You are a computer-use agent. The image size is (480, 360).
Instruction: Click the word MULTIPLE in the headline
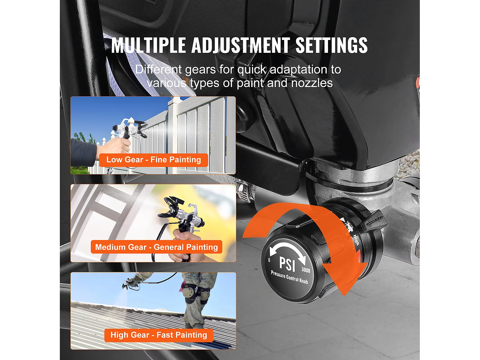[x=148, y=45]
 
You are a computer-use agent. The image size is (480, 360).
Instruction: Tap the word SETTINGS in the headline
[x=332, y=45]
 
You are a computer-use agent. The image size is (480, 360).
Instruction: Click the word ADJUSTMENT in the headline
[x=240, y=45]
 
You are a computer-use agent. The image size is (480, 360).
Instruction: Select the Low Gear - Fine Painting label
[x=154, y=160]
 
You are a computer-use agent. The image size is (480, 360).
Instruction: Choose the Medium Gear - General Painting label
[x=156, y=247]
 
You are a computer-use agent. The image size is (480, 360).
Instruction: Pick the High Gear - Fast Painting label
[x=159, y=335]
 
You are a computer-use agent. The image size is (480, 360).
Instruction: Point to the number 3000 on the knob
[x=306, y=270]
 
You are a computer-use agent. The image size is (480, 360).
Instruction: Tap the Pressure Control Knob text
[x=289, y=277]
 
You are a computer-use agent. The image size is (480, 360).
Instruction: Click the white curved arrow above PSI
[x=287, y=248]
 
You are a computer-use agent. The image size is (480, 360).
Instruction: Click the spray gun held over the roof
[x=130, y=283]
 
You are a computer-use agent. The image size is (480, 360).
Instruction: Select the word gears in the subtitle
[x=200, y=69]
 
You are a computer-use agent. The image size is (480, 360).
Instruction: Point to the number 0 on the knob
[x=269, y=260]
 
